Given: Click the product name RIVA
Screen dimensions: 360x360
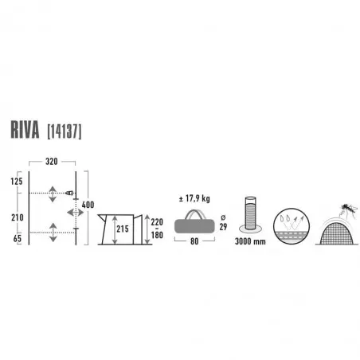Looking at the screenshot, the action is [x=25, y=130].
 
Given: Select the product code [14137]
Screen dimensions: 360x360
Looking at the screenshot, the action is [x=65, y=131].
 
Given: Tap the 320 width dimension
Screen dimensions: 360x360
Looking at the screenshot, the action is [x=52, y=162].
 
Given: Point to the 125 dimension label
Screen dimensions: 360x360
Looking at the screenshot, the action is [x=17, y=182].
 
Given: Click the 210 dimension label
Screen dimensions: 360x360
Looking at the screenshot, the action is [x=18, y=217].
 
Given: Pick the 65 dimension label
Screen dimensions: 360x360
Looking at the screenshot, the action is [x=18, y=238].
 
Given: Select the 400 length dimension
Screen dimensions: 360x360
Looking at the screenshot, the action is [x=88, y=205].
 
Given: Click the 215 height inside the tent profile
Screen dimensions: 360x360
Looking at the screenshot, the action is [x=123, y=229].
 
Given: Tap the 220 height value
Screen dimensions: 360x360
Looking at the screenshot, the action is [x=157, y=222].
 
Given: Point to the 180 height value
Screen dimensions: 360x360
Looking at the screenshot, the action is [x=157, y=235].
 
